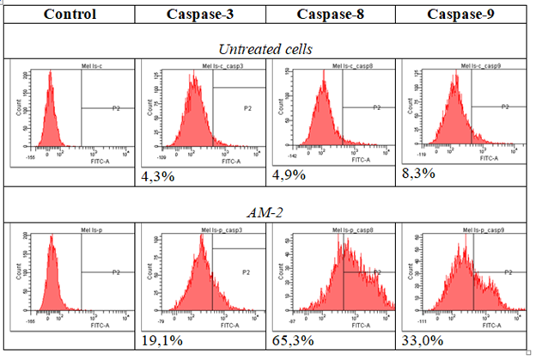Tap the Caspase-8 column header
(330, 14)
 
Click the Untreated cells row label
(266, 50)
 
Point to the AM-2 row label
(266, 211)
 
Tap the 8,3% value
(419, 174)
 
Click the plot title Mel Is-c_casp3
(204, 65)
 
